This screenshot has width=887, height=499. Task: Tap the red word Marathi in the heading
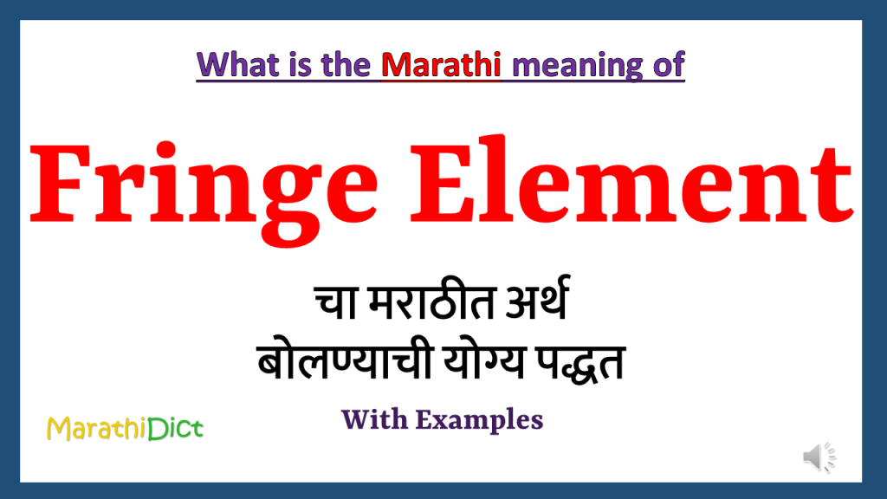442,65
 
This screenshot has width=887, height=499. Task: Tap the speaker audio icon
819,457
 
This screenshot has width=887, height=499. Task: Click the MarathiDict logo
125,427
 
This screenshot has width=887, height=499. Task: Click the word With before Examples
374,420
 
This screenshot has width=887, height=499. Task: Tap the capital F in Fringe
59,185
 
